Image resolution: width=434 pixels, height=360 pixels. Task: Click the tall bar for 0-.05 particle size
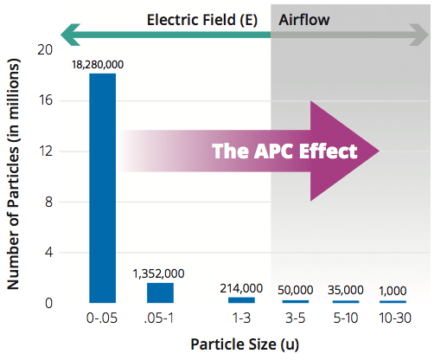(x=103, y=188)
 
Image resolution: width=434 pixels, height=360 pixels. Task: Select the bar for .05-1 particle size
(x=160, y=292)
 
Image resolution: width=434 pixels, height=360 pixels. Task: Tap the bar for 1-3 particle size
(x=241, y=300)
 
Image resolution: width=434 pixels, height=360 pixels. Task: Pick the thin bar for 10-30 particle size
(x=393, y=302)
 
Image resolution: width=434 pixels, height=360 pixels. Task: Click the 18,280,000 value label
(x=98, y=65)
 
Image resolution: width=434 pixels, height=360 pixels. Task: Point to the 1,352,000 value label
(x=158, y=273)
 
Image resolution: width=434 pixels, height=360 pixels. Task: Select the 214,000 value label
(x=241, y=288)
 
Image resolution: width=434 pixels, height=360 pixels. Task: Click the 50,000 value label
(x=296, y=290)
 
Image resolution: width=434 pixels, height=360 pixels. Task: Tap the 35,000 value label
(x=346, y=290)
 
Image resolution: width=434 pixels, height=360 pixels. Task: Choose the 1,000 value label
(x=393, y=291)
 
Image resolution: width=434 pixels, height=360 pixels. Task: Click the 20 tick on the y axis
(x=45, y=50)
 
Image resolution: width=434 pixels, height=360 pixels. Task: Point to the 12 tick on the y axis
(x=45, y=151)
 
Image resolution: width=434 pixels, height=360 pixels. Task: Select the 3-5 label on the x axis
(x=296, y=318)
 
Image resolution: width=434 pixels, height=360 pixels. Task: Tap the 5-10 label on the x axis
(x=346, y=318)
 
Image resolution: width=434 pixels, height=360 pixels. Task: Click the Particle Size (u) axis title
(x=245, y=344)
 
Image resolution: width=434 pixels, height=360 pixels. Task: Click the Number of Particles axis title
(x=13, y=174)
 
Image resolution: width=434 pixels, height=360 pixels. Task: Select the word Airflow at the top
(x=304, y=20)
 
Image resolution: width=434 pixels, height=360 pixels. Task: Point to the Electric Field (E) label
(x=202, y=20)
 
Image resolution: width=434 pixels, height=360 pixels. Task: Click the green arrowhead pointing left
(x=71, y=35)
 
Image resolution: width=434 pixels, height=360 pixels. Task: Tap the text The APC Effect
(x=284, y=151)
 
